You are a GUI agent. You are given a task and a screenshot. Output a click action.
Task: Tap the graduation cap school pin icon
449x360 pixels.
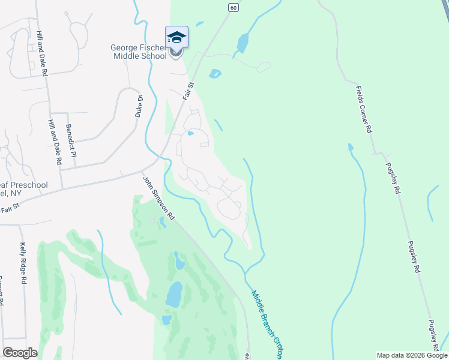pyautogui.click(x=176, y=37)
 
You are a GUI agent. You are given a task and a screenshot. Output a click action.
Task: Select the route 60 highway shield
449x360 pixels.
pyautogui.click(x=233, y=7)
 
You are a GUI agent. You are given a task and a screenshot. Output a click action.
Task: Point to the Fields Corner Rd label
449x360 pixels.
pyautogui.click(x=363, y=109)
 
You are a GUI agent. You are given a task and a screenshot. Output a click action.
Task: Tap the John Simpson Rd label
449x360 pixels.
pyautogui.click(x=158, y=197)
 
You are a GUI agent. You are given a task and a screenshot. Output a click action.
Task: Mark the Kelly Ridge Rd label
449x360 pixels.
pyautogui.click(x=24, y=262)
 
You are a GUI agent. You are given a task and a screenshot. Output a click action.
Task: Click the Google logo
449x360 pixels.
pyautogui.click(x=20, y=353)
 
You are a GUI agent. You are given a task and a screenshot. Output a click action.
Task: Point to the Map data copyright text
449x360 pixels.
pyautogui.click(x=411, y=355)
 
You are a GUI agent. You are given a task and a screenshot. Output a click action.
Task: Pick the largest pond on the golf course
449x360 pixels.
pyautogui.click(x=173, y=295)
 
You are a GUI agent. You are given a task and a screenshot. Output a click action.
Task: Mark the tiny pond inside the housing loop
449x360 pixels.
pyautogui.click(x=191, y=133)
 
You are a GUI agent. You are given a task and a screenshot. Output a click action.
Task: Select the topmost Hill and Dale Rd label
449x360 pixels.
pyautogui.click(x=43, y=53)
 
